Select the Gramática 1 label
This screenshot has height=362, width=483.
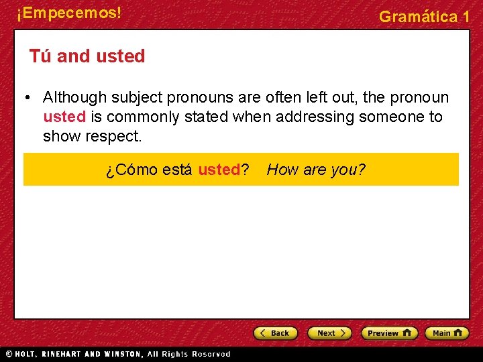(424, 17)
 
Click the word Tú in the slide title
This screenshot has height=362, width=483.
(40, 56)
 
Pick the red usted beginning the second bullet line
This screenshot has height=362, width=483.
(64, 117)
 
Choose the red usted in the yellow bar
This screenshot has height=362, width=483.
(219, 170)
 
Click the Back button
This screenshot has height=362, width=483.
(276, 333)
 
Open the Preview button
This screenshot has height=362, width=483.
(389, 333)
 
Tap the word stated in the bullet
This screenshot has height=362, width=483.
(205, 117)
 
